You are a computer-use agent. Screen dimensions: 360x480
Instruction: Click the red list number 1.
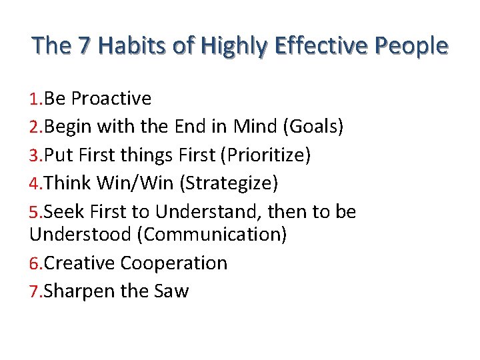(x=35, y=99)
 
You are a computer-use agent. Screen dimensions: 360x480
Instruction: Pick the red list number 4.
(x=35, y=183)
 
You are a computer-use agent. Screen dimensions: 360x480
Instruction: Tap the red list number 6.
(x=35, y=264)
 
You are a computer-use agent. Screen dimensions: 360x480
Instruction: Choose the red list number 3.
(x=35, y=155)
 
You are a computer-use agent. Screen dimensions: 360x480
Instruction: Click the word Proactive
(x=111, y=99)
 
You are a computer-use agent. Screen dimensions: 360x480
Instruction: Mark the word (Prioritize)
(x=267, y=155)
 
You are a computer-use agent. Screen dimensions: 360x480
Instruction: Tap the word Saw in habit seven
(x=171, y=291)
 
